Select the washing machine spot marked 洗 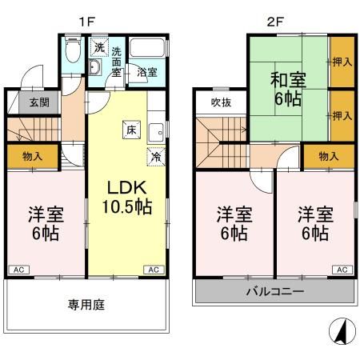(98, 47)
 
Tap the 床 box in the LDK (128, 128)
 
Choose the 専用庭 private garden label (85, 304)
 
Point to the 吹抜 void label (221, 102)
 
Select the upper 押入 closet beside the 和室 (342, 61)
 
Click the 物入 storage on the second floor (328, 157)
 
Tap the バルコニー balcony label (274, 292)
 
